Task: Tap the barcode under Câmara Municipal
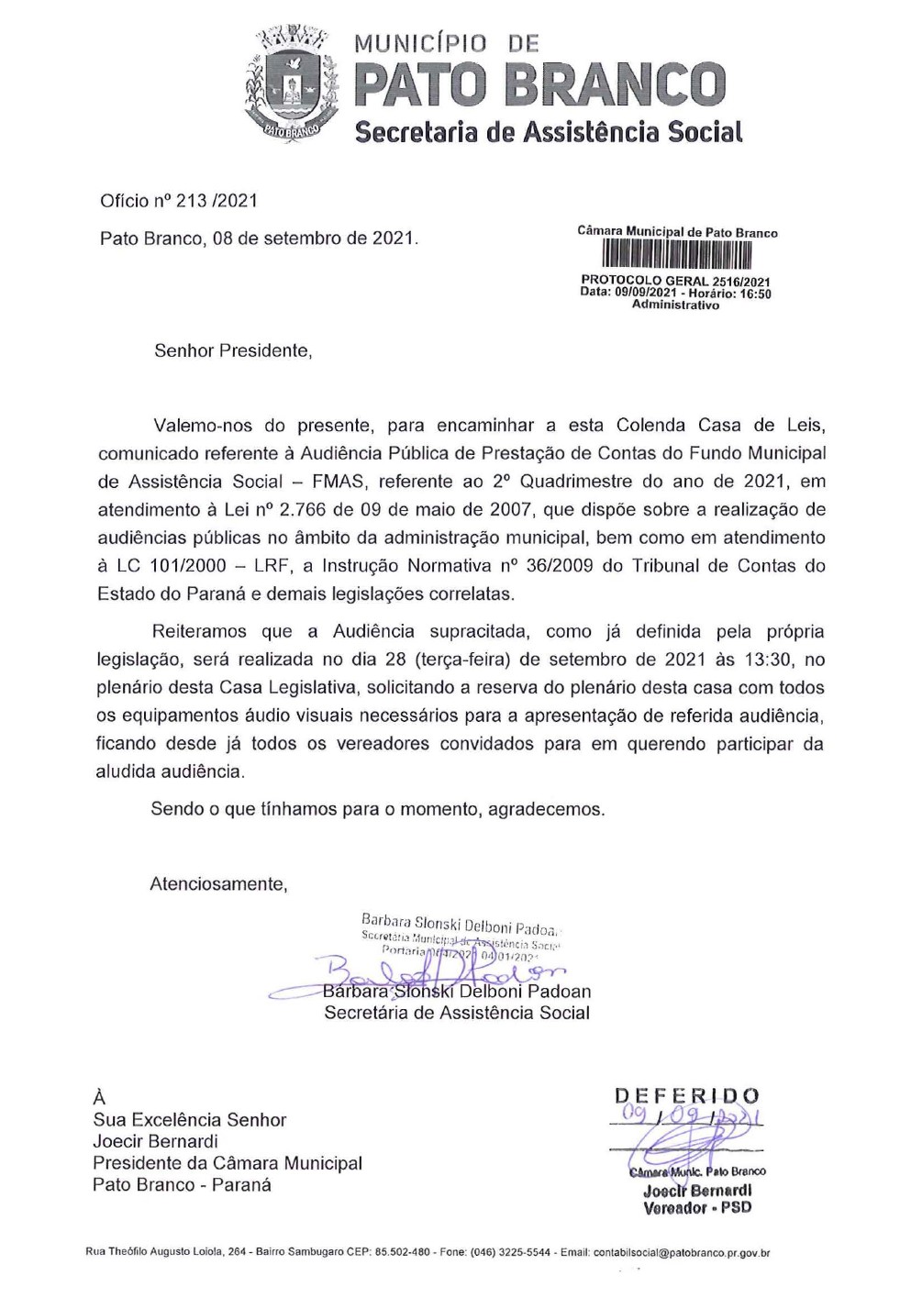point(676,255)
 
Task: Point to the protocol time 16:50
point(756,294)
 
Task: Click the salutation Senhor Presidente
point(233,350)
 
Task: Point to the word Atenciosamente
point(219,884)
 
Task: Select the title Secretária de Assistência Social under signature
point(456,1013)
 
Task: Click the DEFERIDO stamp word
point(686,1095)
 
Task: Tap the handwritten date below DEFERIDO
point(686,1117)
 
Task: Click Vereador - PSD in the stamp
point(696,1207)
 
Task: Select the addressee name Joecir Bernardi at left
point(155,1141)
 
